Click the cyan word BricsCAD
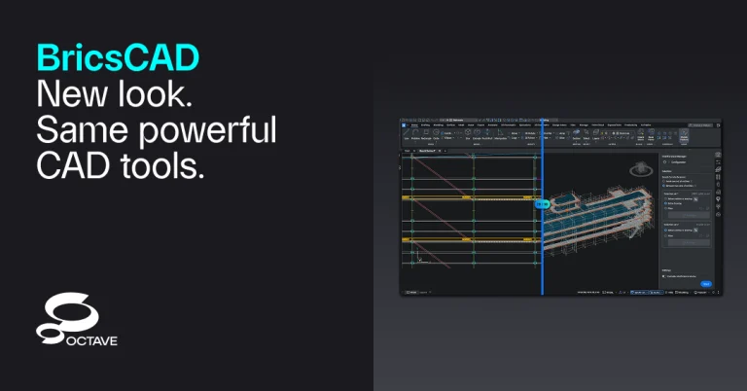(118, 57)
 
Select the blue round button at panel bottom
(706, 284)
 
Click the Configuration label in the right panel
(681, 162)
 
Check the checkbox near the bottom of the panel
(664, 276)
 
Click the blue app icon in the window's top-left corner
(404, 124)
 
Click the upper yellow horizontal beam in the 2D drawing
(467, 196)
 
